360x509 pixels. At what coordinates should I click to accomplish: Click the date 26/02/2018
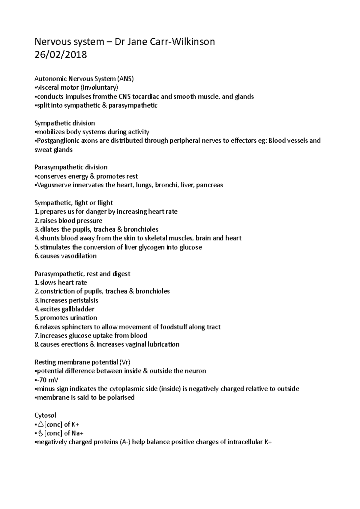click(61, 55)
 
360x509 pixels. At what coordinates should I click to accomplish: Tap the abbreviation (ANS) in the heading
click(125, 79)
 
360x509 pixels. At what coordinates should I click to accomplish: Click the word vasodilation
click(79, 256)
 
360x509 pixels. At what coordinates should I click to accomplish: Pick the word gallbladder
click(78, 309)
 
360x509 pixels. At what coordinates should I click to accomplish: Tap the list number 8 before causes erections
click(37, 344)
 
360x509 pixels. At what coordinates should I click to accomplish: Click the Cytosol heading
click(45, 415)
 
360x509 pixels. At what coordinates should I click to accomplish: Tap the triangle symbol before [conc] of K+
click(40, 424)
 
